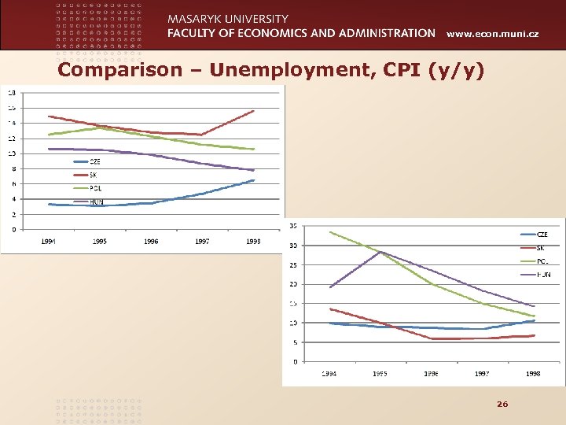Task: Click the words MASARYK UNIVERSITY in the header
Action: [228, 19]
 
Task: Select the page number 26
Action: [502, 404]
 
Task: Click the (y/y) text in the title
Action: [458, 72]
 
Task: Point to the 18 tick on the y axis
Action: [12, 93]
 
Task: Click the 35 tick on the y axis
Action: [293, 226]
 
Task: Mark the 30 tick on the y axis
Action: [293, 246]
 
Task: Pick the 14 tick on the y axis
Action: [12, 124]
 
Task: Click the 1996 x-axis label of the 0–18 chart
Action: [151, 242]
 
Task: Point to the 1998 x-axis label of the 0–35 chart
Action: [533, 374]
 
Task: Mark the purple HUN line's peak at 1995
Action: [380, 252]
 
